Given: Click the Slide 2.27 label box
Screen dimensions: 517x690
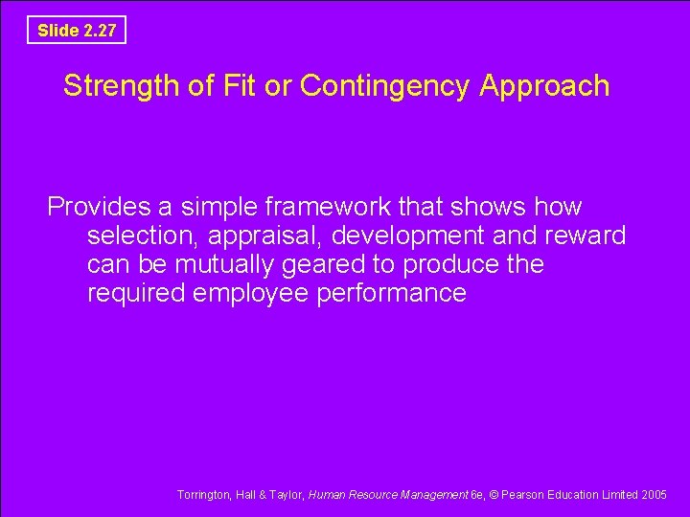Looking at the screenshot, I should [x=77, y=31].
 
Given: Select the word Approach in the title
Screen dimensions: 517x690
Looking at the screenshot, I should [x=544, y=87].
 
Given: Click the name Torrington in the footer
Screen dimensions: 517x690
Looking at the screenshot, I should [x=202, y=495].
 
